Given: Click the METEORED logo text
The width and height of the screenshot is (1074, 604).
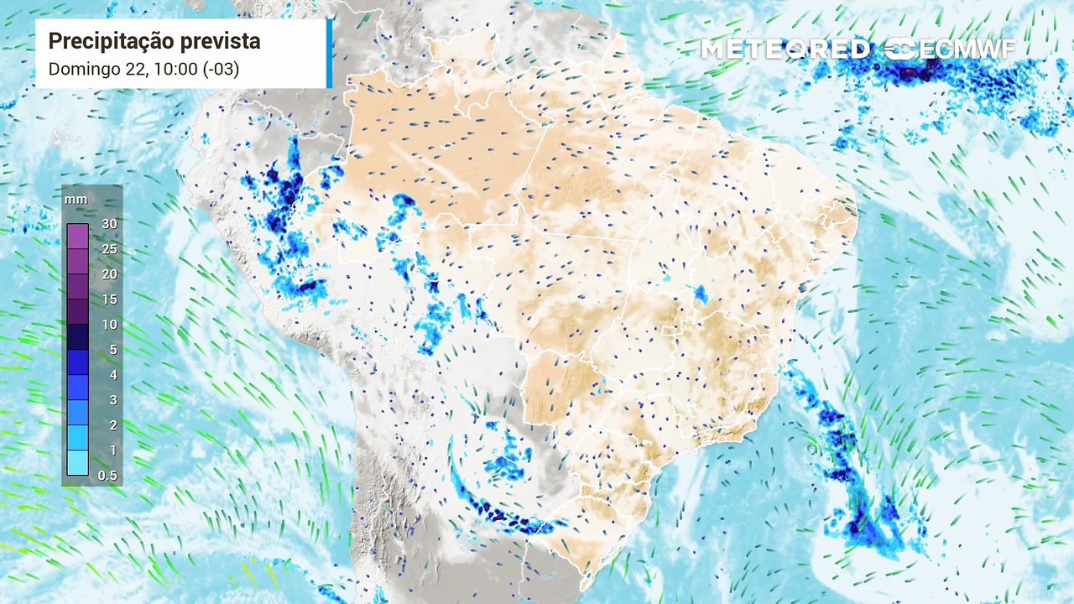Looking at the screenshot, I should [x=785, y=49].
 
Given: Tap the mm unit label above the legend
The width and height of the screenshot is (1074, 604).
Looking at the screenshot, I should [x=76, y=200].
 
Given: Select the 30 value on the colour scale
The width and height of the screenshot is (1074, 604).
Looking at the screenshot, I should [x=109, y=224].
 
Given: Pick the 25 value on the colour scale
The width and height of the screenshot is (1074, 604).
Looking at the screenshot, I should [x=109, y=249].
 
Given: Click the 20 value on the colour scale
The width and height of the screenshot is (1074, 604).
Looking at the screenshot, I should [x=109, y=274].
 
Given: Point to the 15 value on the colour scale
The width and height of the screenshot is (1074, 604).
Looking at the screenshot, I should [x=109, y=299].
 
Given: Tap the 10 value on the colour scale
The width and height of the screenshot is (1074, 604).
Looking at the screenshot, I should [x=109, y=325].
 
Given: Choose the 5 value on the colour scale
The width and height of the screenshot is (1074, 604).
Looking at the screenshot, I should [x=112, y=350].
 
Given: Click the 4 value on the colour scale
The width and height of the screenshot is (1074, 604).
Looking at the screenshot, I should [x=112, y=375].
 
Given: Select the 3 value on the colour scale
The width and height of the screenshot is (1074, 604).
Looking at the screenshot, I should [x=112, y=400].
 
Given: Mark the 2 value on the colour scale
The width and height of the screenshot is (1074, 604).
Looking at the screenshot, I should [x=112, y=425].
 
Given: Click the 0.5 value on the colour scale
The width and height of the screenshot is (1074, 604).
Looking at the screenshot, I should [x=109, y=476].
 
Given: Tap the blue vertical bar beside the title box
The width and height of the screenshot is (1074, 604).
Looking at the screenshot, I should [x=329, y=53].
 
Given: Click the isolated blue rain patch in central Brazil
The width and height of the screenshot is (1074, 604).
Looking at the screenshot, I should [x=700, y=294].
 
